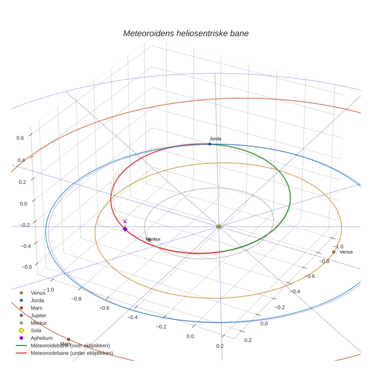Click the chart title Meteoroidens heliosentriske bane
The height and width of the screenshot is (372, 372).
tap(186, 33)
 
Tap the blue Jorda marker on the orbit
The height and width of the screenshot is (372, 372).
tap(210, 144)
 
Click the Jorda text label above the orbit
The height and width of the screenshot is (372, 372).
tap(215, 139)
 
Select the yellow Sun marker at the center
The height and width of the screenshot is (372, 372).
tap(219, 226)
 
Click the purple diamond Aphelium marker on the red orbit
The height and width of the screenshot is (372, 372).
tap(125, 229)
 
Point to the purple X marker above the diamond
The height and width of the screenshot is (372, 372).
tap(125, 221)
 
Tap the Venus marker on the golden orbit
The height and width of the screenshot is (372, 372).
tap(333, 252)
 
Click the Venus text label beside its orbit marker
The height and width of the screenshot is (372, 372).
tap(346, 252)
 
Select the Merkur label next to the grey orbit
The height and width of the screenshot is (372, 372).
tap(153, 239)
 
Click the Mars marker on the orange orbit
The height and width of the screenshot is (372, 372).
tap(68, 339)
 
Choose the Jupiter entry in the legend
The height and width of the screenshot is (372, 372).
tap(39, 315)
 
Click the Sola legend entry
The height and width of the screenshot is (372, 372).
tap(36, 330)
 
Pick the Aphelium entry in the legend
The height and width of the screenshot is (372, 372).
tap(41, 338)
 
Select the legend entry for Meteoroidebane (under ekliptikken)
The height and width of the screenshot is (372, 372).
tap(71, 353)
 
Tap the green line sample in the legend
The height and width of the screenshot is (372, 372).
tap(22, 346)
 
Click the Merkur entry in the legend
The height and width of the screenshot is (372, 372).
tap(39, 323)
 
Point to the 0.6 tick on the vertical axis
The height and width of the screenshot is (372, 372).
tap(20, 138)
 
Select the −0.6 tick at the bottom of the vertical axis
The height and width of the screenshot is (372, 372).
tap(26, 267)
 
